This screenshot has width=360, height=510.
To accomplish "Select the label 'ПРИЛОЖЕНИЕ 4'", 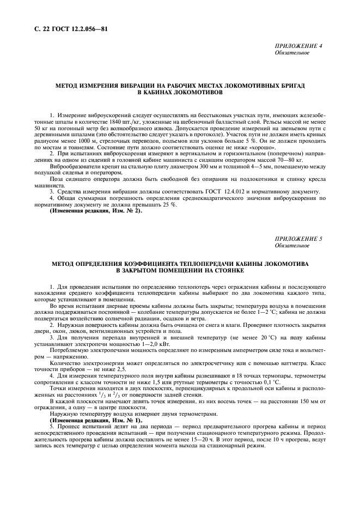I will pos(298,46).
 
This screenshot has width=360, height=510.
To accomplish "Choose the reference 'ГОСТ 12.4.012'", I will pos(234,192).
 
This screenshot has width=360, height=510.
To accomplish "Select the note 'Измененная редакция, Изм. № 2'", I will pos(96,210).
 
